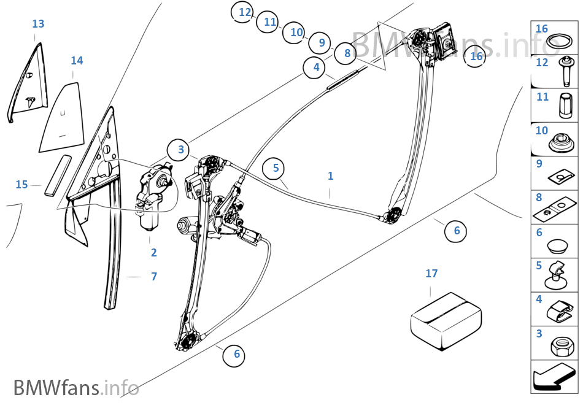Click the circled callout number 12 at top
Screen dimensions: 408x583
point(245,12)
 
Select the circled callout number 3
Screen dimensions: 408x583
point(181,149)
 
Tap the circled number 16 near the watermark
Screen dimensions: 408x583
point(476,56)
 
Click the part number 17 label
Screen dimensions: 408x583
point(431,274)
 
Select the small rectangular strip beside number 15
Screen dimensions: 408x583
point(56,175)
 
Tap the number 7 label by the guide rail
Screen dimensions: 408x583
point(154,277)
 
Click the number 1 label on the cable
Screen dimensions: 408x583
point(330,176)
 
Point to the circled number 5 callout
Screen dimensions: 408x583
point(276,167)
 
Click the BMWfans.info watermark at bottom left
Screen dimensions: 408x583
point(76,388)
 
